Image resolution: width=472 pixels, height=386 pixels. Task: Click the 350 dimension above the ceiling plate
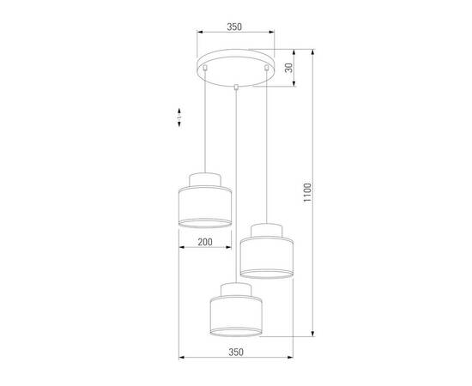(x=234, y=27)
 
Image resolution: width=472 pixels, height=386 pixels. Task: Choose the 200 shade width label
(x=205, y=242)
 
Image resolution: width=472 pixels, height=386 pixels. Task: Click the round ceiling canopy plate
(x=235, y=71)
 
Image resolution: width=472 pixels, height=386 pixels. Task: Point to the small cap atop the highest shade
(x=205, y=178)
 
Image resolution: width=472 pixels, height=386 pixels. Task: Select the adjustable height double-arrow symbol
(x=178, y=118)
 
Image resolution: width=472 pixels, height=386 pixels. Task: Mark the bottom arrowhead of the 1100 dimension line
(x=310, y=335)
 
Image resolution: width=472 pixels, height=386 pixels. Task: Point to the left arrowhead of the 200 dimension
(x=182, y=248)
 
